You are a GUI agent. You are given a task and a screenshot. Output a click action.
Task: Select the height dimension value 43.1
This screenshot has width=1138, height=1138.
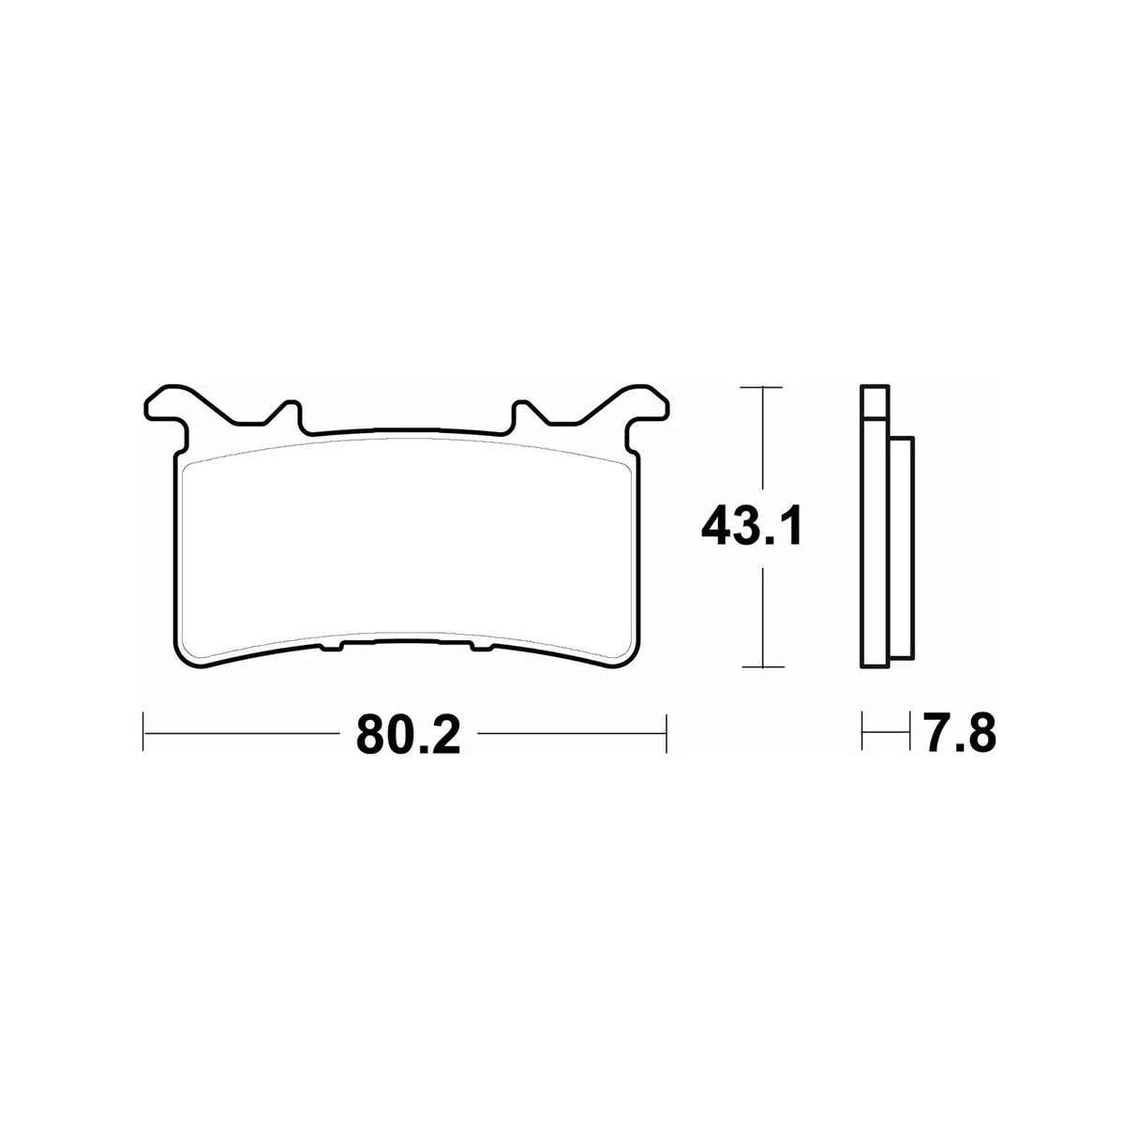[751, 528]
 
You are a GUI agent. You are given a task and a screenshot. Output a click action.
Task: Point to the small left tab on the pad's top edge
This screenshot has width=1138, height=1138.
[288, 413]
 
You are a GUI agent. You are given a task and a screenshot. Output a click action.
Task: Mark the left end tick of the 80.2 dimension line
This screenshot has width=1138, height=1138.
[142, 732]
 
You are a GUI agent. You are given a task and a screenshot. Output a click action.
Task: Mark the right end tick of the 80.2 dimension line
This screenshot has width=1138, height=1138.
[666, 732]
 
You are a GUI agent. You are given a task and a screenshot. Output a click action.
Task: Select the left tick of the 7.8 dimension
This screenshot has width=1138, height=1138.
[862, 732]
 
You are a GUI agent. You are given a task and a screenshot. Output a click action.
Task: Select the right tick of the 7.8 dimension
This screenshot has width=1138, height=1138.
[910, 732]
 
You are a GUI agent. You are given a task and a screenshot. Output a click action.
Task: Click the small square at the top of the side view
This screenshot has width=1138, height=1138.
[873, 402]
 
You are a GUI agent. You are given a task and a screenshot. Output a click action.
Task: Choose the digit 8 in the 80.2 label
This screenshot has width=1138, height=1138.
[371, 733]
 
